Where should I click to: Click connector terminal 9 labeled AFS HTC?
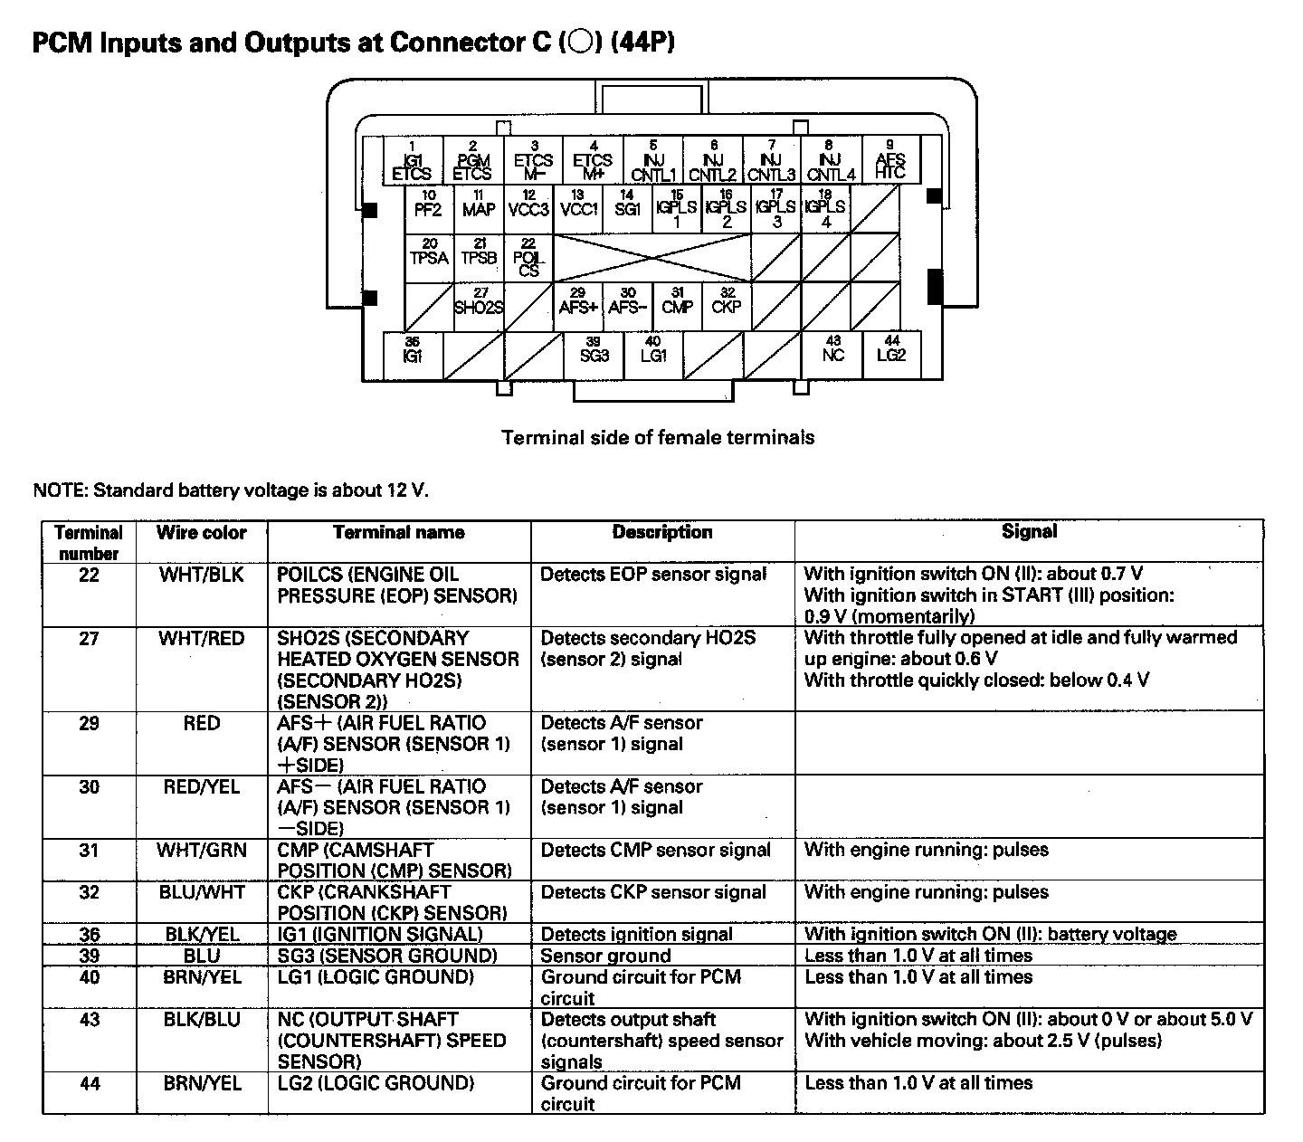click(x=890, y=160)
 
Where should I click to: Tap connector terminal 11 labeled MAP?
click(x=479, y=209)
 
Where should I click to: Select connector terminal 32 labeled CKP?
click(x=726, y=306)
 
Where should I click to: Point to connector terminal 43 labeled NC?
click(x=832, y=354)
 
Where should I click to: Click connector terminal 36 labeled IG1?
click(x=413, y=355)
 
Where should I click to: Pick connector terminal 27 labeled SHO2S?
click(x=479, y=306)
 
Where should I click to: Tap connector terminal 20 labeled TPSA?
click(x=429, y=257)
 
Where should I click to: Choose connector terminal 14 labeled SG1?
click(x=627, y=209)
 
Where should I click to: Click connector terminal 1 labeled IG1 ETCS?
click(x=413, y=160)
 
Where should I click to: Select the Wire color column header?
click(x=201, y=533)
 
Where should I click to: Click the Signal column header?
click(x=1029, y=532)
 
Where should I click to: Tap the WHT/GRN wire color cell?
click(x=201, y=851)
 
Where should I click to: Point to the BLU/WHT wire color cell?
click(x=201, y=892)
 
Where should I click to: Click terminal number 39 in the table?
click(x=89, y=956)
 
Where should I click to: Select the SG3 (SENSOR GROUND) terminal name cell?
click(x=387, y=956)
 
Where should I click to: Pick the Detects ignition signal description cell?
click(x=637, y=935)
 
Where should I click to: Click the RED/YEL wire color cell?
click(x=201, y=787)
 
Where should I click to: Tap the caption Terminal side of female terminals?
click(x=658, y=438)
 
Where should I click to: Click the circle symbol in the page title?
click(x=581, y=43)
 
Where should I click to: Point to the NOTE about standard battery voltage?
click(x=231, y=490)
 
